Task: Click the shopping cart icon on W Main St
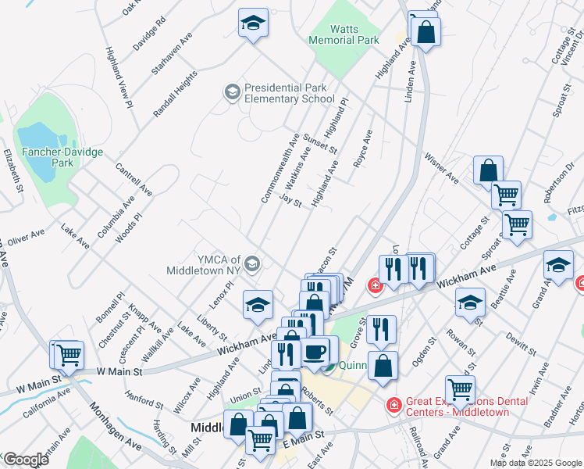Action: pyautogui.click(x=68, y=354)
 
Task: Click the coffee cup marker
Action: pyautogui.click(x=315, y=351)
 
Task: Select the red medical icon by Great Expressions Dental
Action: pyautogui.click(x=394, y=405)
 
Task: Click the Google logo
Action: pyautogui.click(x=26, y=460)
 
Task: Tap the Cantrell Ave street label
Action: pyautogui.click(x=133, y=179)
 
